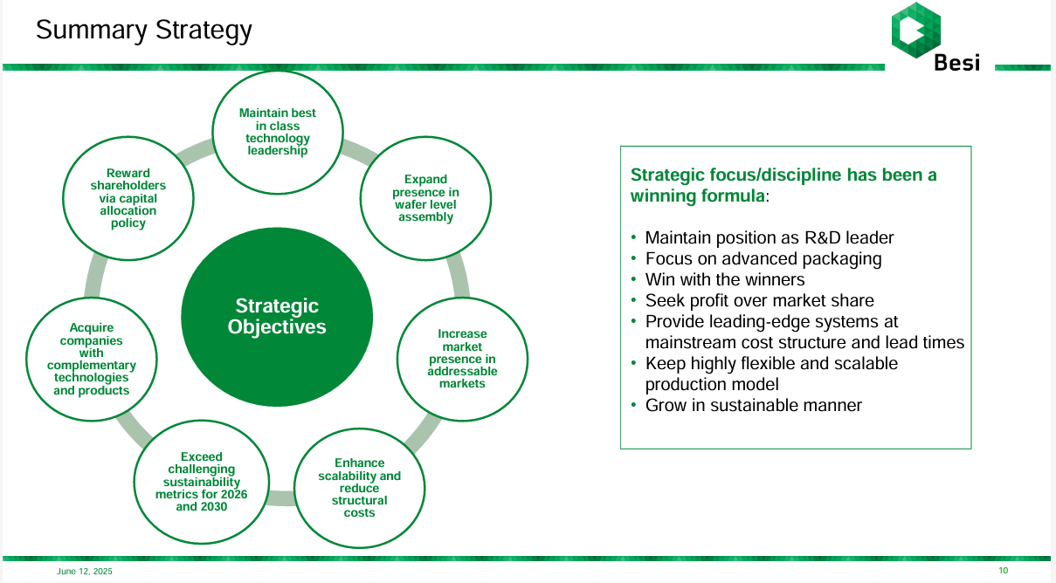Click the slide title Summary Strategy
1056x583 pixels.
coord(144,31)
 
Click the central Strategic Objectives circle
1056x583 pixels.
coord(277,316)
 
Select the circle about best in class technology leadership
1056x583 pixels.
coord(278,132)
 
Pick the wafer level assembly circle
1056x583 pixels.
coord(425,198)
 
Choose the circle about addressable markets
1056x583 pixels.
coord(462,358)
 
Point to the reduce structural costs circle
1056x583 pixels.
coord(359,487)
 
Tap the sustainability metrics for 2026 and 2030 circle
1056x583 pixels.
coord(201,481)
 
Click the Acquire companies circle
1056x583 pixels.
coord(92,359)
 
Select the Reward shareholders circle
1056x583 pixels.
coord(128,198)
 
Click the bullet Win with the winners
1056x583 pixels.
coord(725,280)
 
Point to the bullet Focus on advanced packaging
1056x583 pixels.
coord(763,259)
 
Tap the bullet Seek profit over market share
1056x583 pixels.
coord(759,301)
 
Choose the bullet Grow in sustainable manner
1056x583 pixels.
coord(753,406)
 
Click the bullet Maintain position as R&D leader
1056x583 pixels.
coord(769,238)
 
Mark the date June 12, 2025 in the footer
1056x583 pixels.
coord(85,572)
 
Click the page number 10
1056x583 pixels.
coord(1003,571)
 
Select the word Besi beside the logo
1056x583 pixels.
coord(956,63)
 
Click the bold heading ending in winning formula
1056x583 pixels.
coord(783,185)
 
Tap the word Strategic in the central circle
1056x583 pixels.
coord(277,306)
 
